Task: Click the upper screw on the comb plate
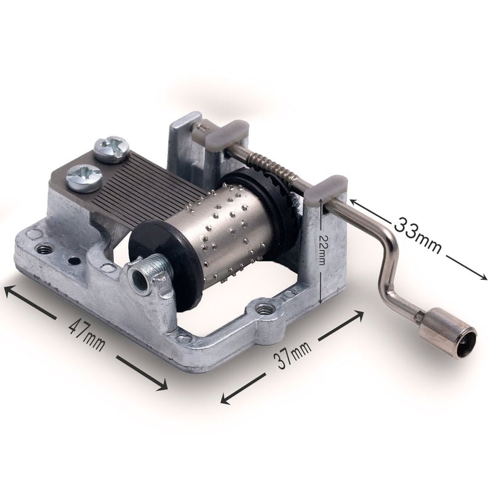pyautogui.click(x=112, y=149)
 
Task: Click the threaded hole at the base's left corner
pyautogui.click(x=44, y=249)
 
